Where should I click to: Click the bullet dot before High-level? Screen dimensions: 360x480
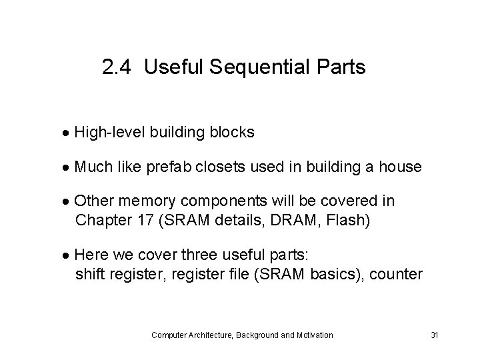(69, 133)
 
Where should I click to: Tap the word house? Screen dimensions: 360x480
(400, 167)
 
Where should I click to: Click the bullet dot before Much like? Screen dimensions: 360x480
(69, 167)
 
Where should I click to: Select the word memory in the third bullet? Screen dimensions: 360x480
(145, 201)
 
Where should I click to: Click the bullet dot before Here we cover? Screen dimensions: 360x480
(69, 255)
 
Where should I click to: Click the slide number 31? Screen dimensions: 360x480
(434, 335)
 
